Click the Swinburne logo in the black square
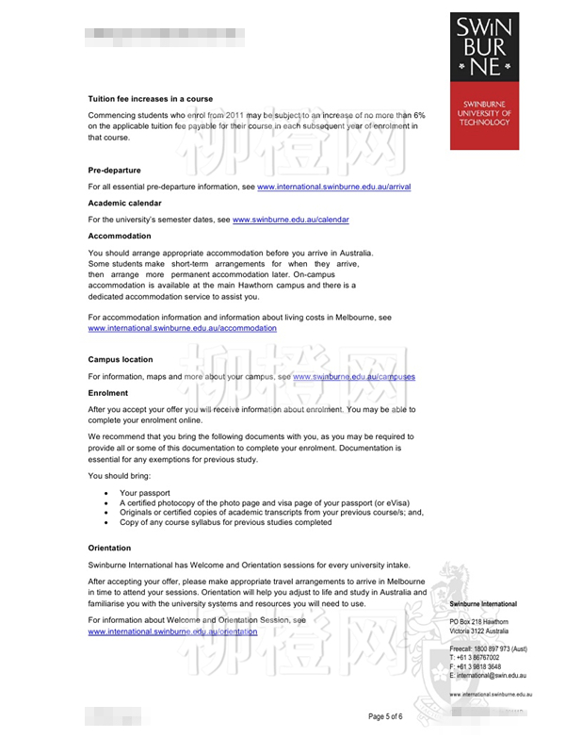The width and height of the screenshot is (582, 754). pos(484,46)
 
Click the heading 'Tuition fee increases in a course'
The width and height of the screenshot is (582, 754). pos(150,99)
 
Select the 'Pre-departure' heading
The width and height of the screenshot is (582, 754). pos(114,171)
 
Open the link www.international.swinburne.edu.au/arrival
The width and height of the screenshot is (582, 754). pos(333,187)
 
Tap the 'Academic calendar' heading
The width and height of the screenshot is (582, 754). pos(124,204)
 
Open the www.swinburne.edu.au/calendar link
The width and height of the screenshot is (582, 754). pos(290,220)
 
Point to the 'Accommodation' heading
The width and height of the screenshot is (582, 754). pos(119,237)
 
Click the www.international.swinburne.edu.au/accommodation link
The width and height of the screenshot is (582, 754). pos(182,328)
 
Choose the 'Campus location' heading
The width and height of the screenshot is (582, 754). pos(120,360)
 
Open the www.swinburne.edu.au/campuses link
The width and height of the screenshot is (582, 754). pos(353,376)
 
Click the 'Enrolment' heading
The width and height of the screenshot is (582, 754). pos(108,393)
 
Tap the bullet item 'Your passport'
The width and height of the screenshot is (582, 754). pos(144,493)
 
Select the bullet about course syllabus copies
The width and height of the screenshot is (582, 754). pos(225,522)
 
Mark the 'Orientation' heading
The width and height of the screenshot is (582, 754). pos(109,548)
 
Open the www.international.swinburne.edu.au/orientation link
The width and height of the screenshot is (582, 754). pos(172,631)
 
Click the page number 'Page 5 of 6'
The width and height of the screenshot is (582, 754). pos(385,716)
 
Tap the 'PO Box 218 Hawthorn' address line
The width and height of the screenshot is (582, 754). pos(478,622)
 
